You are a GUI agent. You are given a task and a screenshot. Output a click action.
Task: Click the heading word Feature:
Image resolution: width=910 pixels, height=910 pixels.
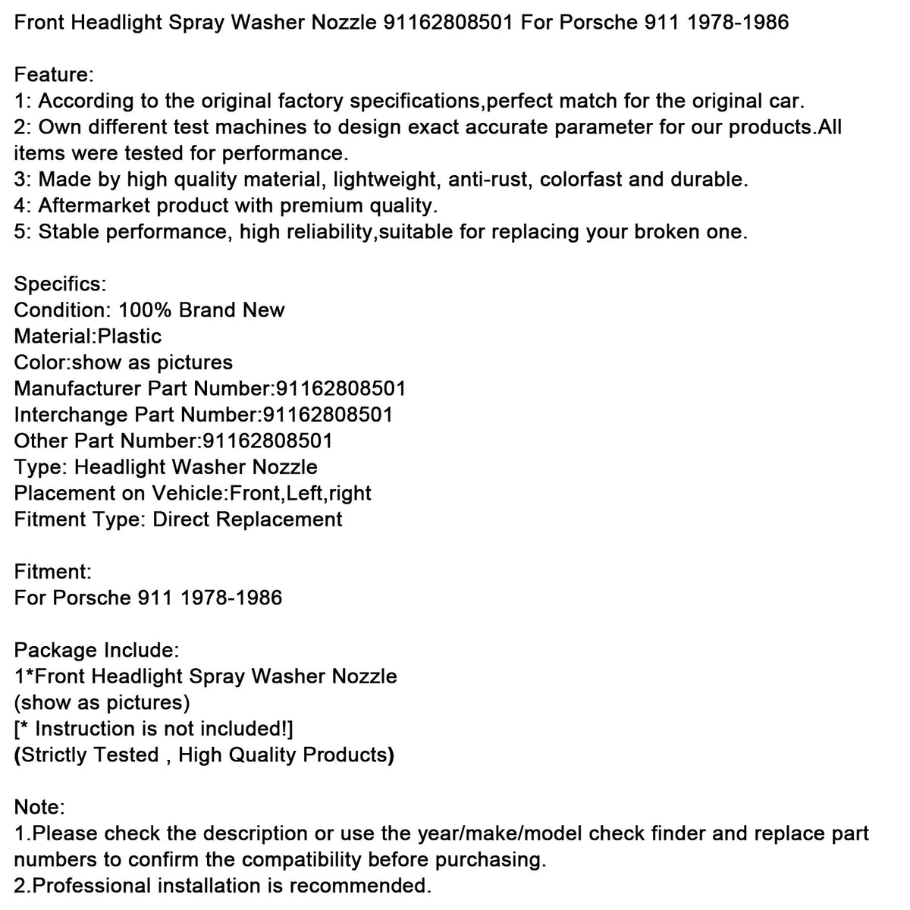(54, 75)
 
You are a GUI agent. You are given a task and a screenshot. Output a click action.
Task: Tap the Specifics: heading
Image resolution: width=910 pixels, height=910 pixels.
(61, 284)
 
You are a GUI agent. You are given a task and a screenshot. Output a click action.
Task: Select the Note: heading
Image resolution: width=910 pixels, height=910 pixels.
(39, 808)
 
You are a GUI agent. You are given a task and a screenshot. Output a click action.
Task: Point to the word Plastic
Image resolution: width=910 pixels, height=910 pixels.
(130, 337)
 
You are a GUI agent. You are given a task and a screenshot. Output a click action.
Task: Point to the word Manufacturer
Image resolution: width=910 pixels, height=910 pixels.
(77, 389)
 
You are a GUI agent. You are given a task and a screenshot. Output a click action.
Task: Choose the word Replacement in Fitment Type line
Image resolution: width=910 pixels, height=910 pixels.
(279, 519)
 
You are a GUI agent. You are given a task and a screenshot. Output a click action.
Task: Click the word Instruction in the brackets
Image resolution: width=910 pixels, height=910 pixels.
(84, 729)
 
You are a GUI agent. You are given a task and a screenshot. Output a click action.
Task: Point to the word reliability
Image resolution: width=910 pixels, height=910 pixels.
(324, 232)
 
